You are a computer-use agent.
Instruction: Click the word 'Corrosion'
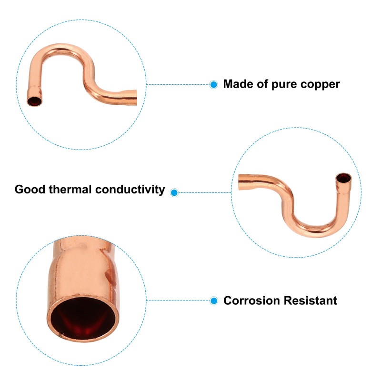pyautogui.click(x=251, y=301)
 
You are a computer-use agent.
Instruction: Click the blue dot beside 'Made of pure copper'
pyautogui.click(x=214, y=85)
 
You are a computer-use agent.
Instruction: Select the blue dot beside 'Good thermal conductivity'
pyautogui.click(x=174, y=192)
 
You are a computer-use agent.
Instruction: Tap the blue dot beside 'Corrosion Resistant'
pyautogui.click(x=214, y=301)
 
